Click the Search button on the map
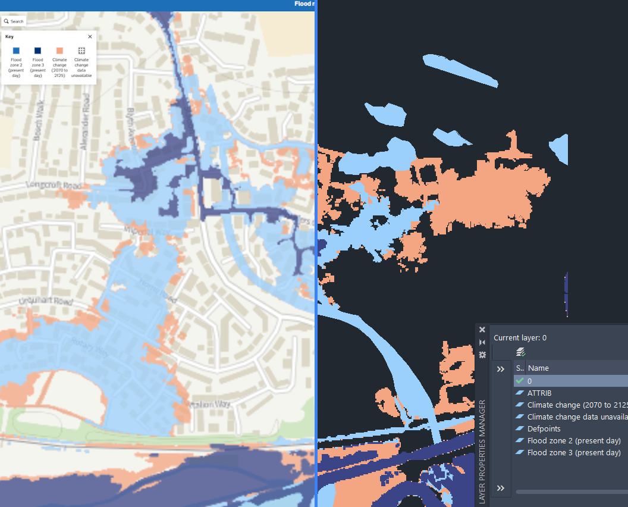(x=14, y=21)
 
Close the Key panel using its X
(x=90, y=36)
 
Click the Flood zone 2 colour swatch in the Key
(x=16, y=51)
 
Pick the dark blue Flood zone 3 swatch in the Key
(x=37, y=51)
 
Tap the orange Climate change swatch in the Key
(x=59, y=51)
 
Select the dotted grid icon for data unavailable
(x=81, y=51)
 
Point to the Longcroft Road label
(x=53, y=186)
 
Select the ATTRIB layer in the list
(x=539, y=393)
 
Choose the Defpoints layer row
(x=544, y=428)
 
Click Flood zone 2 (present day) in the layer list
(x=573, y=440)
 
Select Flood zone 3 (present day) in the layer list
(x=573, y=452)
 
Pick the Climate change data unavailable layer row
(x=573, y=417)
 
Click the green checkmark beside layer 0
(x=520, y=381)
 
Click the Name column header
(x=538, y=368)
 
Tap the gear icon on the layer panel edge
(x=482, y=355)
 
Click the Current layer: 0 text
(x=520, y=337)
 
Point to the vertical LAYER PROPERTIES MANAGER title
(x=482, y=452)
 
